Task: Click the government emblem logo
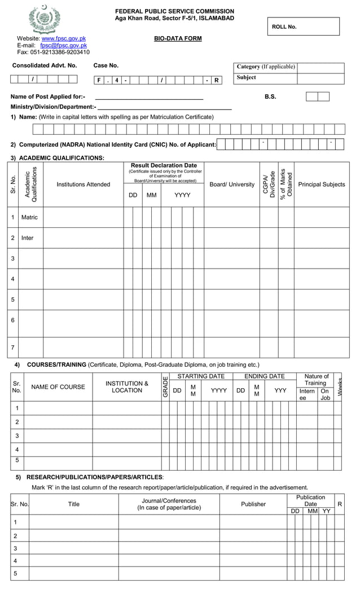click(x=44, y=19)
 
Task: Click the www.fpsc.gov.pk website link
click(x=64, y=38)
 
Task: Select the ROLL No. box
click(x=303, y=27)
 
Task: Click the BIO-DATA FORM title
click(x=178, y=39)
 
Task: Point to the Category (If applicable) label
click(x=265, y=67)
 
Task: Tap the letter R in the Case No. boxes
click(x=216, y=80)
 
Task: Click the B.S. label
click(x=270, y=96)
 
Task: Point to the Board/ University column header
click(x=231, y=185)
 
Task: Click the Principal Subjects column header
click(x=321, y=185)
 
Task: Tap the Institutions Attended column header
click(x=83, y=185)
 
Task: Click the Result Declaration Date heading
click(x=164, y=166)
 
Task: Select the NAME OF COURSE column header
click(x=58, y=387)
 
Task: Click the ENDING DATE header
click(x=264, y=376)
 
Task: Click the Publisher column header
click(x=253, y=504)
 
